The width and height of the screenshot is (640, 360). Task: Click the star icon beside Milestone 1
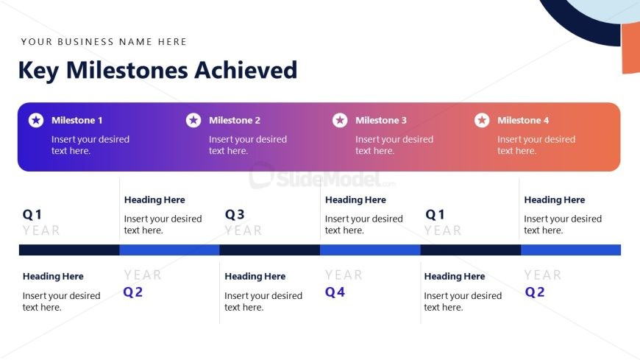point(36,120)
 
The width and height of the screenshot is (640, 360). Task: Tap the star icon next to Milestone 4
point(482,120)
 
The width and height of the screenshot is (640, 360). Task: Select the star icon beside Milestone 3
point(340,120)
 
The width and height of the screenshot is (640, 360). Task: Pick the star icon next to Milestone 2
point(193,120)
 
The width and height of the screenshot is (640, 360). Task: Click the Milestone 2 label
point(234,120)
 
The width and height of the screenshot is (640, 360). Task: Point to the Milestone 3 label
point(381,120)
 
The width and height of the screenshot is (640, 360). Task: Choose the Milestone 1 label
point(77,120)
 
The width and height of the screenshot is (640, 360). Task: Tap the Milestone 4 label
point(523,120)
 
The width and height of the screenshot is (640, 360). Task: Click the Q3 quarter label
point(235,214)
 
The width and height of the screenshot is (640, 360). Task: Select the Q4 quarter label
point(335,292)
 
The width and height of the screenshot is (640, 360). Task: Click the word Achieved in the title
point(246,70)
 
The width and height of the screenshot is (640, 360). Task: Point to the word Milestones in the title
point(127,70)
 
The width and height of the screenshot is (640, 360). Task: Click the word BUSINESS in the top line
point(86,42)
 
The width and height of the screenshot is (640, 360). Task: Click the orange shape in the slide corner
point(630,48)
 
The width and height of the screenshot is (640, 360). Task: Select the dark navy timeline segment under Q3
point(270,250)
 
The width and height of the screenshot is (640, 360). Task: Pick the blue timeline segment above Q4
point(370,250)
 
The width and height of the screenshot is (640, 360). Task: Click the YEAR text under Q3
point(243,230)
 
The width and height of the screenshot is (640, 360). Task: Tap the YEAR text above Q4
point(344,275)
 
